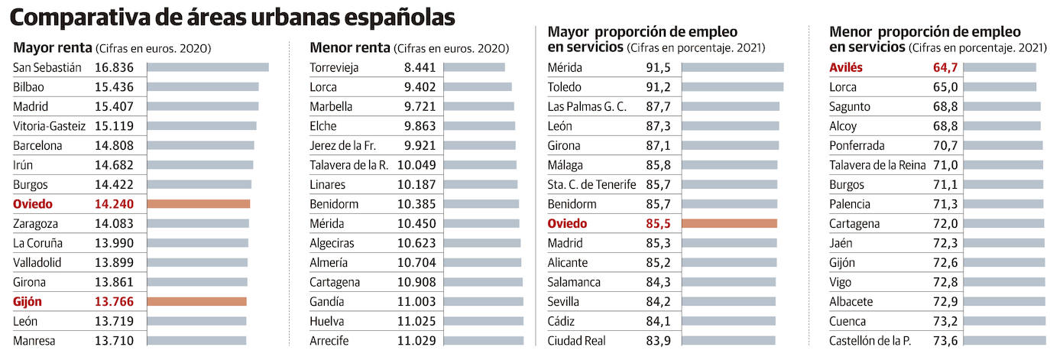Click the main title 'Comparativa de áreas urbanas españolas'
(x=233, y=17)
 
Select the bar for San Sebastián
(x=207, y=67)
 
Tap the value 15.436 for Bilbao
(x=114, y=87)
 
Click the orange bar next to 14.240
(x=198, y=204)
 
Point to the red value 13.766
(x=114, y=302)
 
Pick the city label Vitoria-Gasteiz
(x=50, y=126)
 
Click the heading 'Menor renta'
(x=348, y=47)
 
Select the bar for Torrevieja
(x=474, y=67)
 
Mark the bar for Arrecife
(x=483, y=341)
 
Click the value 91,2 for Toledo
(x=658, y=87)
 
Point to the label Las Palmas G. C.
(x=587, y=106)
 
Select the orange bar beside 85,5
(x=729, y=224)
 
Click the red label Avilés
(x=846, y=67)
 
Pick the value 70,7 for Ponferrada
(x=945, y=145)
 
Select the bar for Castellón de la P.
(x=1004, y=341)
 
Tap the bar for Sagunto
(x=1002, y=106)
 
